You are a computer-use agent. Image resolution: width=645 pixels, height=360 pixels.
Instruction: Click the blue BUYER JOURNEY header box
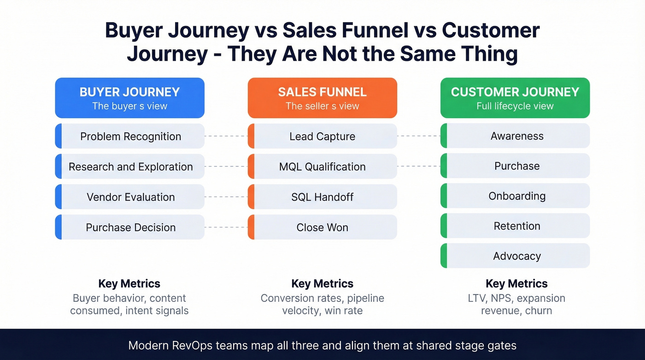(x=129, y=98)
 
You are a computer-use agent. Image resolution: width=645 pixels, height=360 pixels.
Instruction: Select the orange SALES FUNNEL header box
(x=322, y=98)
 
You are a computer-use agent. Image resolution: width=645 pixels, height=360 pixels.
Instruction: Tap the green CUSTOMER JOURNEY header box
(x=515, y=98)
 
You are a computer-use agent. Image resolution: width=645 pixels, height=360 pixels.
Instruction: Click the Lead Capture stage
(x=322, y=136)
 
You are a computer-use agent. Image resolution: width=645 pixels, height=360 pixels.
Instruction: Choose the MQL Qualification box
(x=322, y=167)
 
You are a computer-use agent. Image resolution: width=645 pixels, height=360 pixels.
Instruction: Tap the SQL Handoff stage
(x=322, y=197)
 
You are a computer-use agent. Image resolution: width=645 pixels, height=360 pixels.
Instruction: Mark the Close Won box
(x=322, y=227)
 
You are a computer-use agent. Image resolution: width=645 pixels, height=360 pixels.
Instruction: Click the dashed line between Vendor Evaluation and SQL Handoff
(x=226, y=197)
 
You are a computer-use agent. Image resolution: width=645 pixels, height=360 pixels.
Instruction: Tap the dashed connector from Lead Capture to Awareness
(x=418, y=136)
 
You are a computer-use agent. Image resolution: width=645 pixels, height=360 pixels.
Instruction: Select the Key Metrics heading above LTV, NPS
(x=516, y=283)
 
